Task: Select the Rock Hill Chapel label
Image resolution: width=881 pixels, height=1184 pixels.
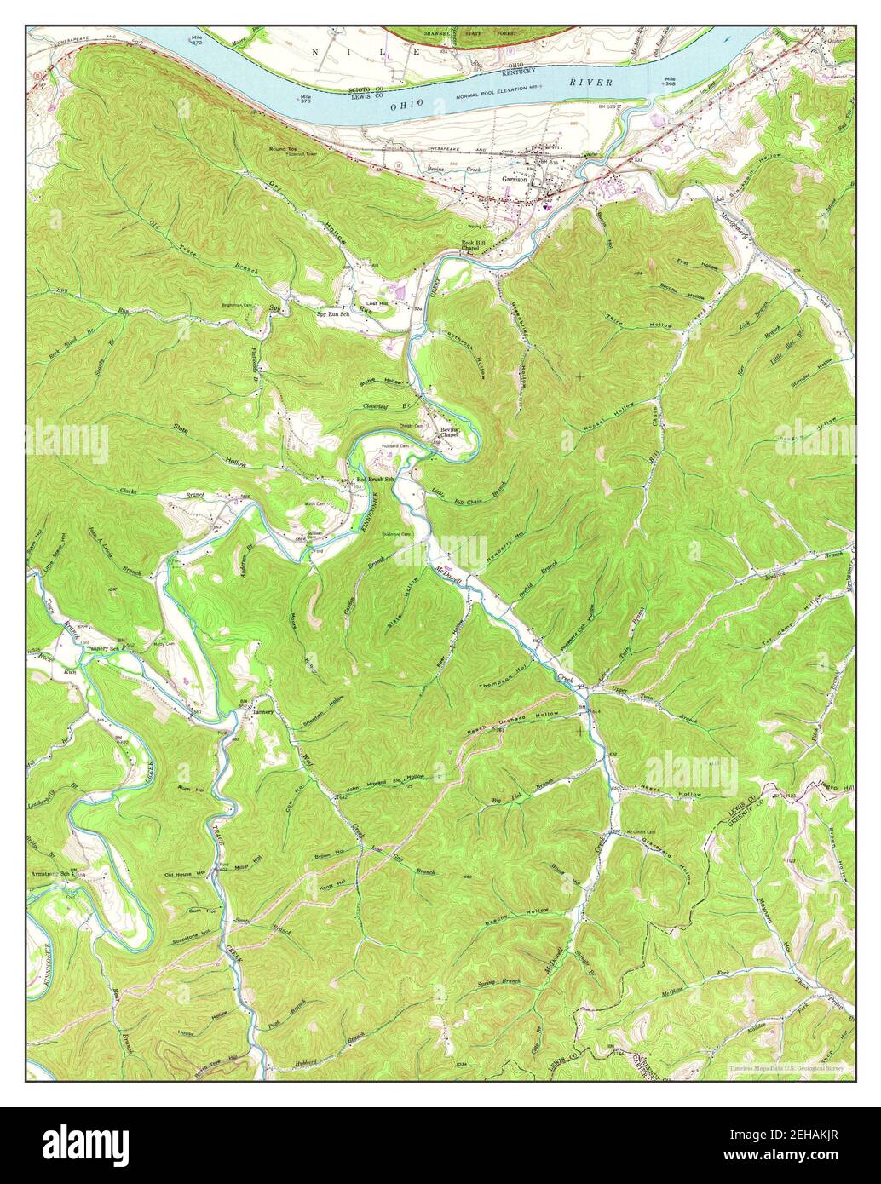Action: pos(472,247)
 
